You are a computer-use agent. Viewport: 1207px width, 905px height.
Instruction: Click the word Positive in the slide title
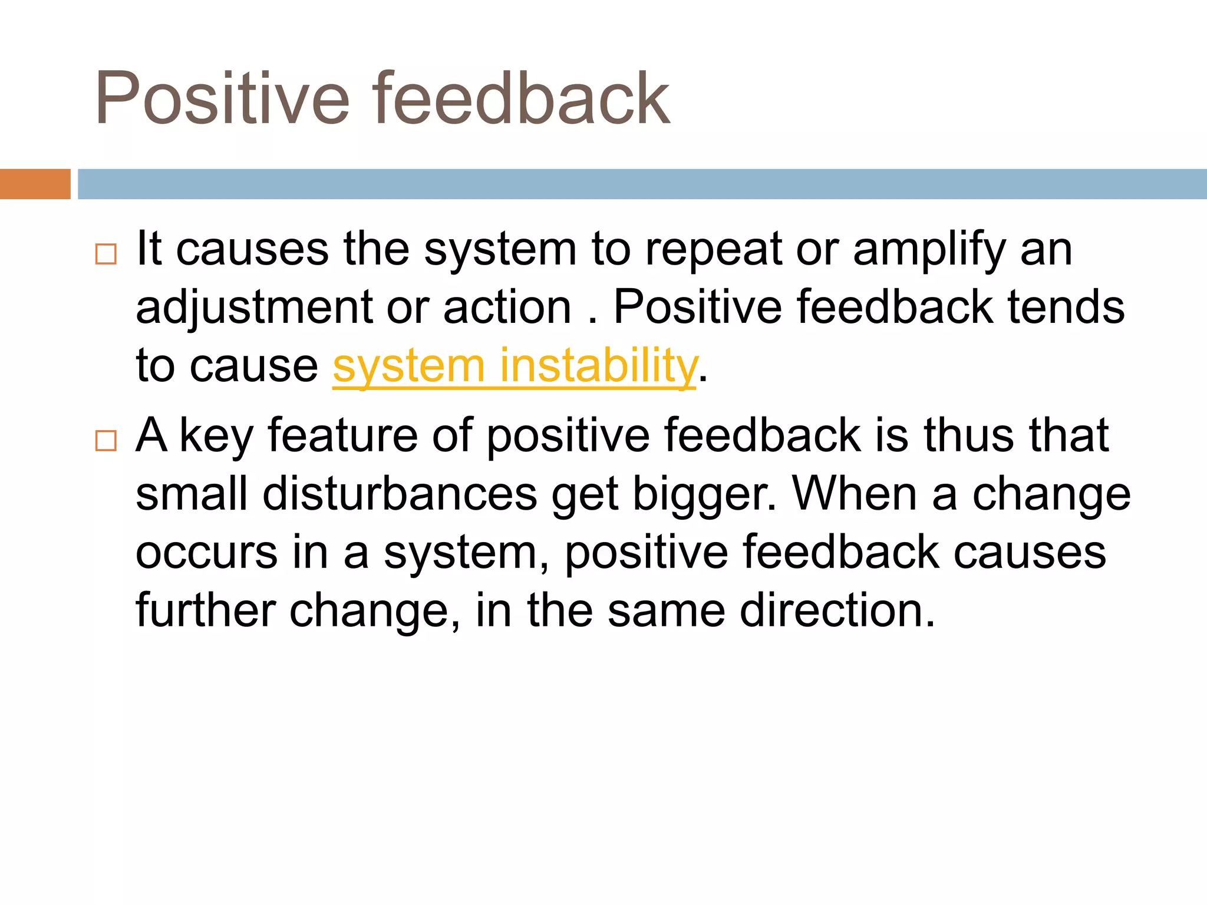(223, 98)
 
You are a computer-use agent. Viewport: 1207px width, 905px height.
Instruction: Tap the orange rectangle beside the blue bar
(35, 184)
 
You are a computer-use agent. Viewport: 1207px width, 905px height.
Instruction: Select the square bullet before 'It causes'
(106, 254)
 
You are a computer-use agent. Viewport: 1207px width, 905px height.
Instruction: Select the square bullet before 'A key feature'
(106, 440)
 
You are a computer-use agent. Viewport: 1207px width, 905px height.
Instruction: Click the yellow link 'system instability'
(515, 366)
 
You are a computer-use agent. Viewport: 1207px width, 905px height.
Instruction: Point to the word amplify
(929, 250)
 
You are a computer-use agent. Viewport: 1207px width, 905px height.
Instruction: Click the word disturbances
(400, 494)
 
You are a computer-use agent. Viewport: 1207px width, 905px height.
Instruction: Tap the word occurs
(206, 553)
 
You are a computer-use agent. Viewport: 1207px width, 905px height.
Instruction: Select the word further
(206, 610)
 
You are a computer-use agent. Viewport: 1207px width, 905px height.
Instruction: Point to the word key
(216, 437)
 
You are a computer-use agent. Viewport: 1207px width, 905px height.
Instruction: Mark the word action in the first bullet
(507, 308)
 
